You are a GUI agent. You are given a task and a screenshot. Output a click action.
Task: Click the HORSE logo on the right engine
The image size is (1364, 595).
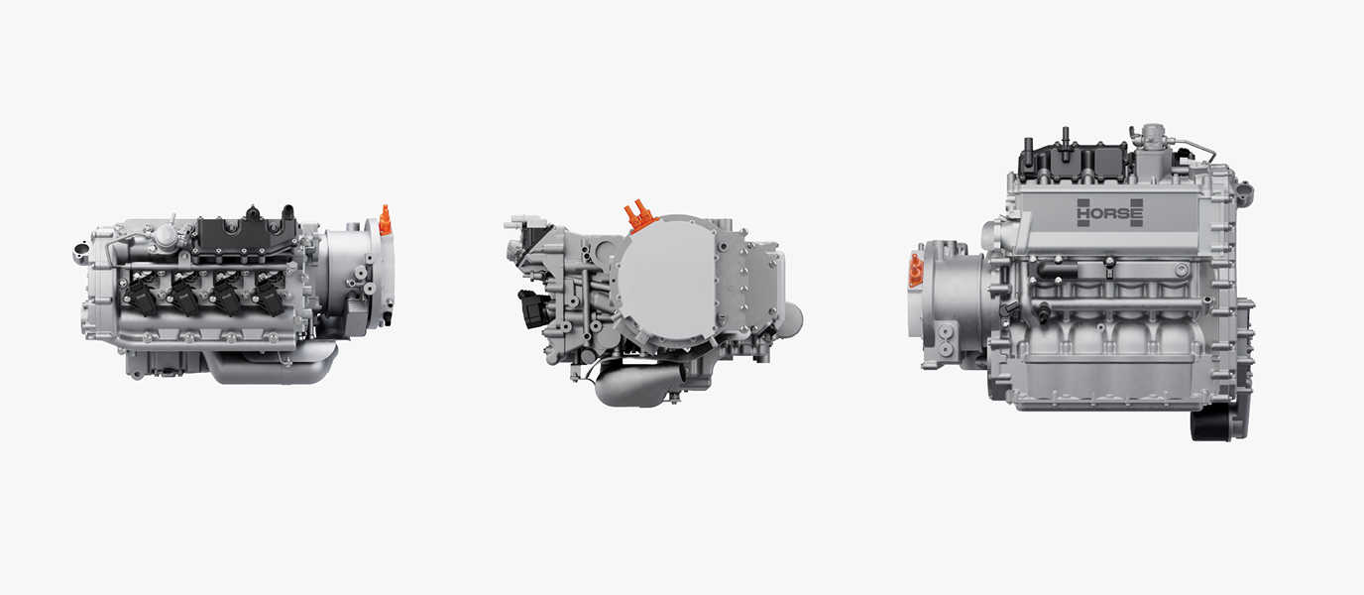coord(1109,213)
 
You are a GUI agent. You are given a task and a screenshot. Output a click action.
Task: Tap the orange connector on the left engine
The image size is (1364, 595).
coord(385,219)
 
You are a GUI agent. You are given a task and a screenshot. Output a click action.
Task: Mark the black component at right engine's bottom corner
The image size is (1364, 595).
coord(1211,421)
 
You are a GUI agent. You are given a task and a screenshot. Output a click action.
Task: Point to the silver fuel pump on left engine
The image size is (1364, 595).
coord(163,238)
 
